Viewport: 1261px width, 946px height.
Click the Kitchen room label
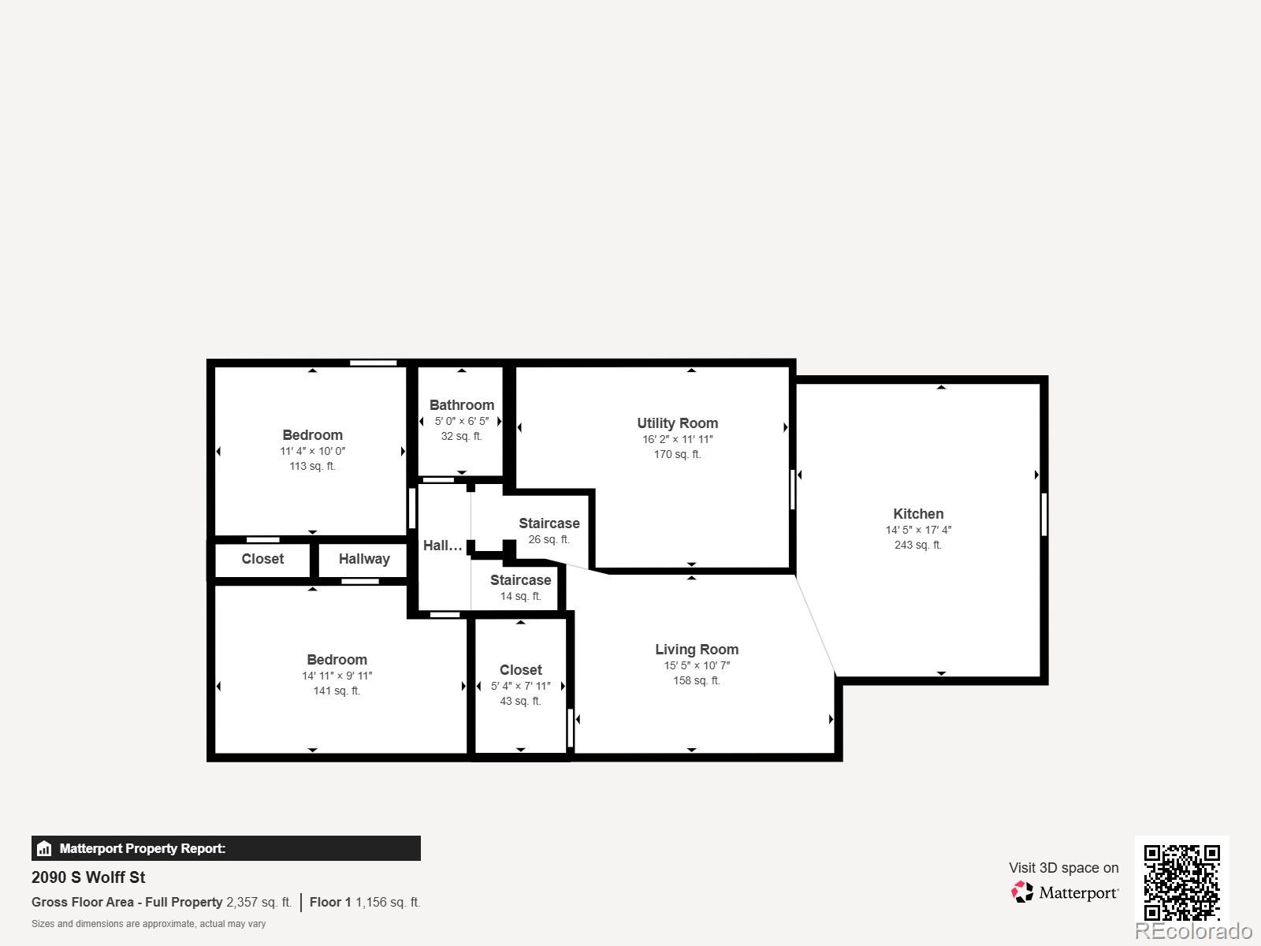pos(918,513)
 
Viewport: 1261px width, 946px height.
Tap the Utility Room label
pos(677,423)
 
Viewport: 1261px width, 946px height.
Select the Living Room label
pos(697,650)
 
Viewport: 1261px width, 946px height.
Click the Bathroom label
pos(462,405)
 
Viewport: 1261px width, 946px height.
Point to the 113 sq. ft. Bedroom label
pos(312,435)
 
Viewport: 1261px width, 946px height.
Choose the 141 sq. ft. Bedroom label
pos(337,660)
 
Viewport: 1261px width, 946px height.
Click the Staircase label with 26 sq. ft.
pos(549,523)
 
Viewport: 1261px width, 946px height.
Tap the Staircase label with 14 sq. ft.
pos(520,580)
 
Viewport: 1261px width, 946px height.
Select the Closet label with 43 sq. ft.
pos(520,670)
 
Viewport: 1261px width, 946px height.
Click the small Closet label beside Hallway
pos(262,559)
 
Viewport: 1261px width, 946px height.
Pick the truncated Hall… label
pos(442,546)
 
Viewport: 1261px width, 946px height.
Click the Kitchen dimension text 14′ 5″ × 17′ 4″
pos(918,531)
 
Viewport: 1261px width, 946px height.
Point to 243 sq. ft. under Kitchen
pos(918,545)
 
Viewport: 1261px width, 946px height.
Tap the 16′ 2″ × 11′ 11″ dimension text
pos(677,440)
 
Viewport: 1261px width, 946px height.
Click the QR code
pos(1181,882)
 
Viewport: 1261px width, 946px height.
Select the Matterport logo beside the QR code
pos(1065,892)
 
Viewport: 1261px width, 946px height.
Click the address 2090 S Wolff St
pos(88,877)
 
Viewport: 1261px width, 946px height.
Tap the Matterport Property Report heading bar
pos(225,848)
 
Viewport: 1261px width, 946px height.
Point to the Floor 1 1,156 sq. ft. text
pos(365,902)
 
